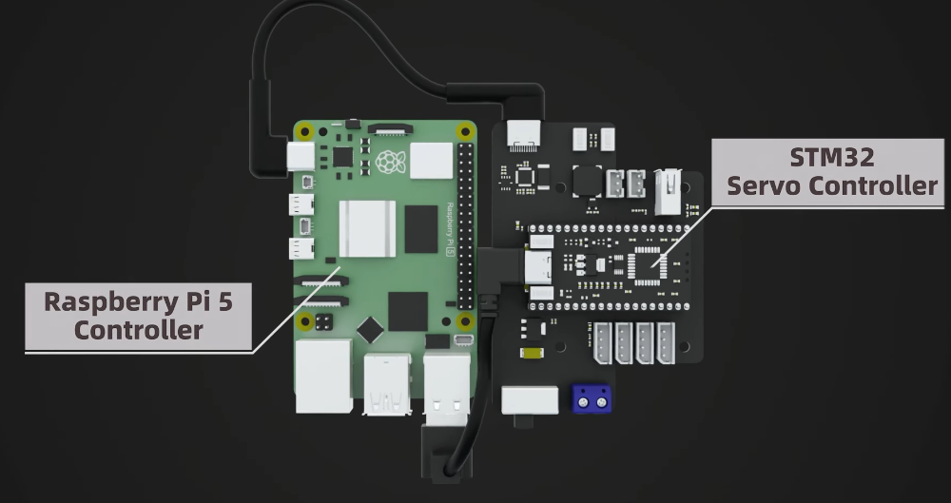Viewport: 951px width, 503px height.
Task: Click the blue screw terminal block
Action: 591,401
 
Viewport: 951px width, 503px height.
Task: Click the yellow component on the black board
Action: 533,354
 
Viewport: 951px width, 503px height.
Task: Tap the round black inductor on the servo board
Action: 587,180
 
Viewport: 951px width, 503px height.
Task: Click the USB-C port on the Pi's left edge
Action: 301,156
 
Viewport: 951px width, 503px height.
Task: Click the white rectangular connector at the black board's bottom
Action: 529,400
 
